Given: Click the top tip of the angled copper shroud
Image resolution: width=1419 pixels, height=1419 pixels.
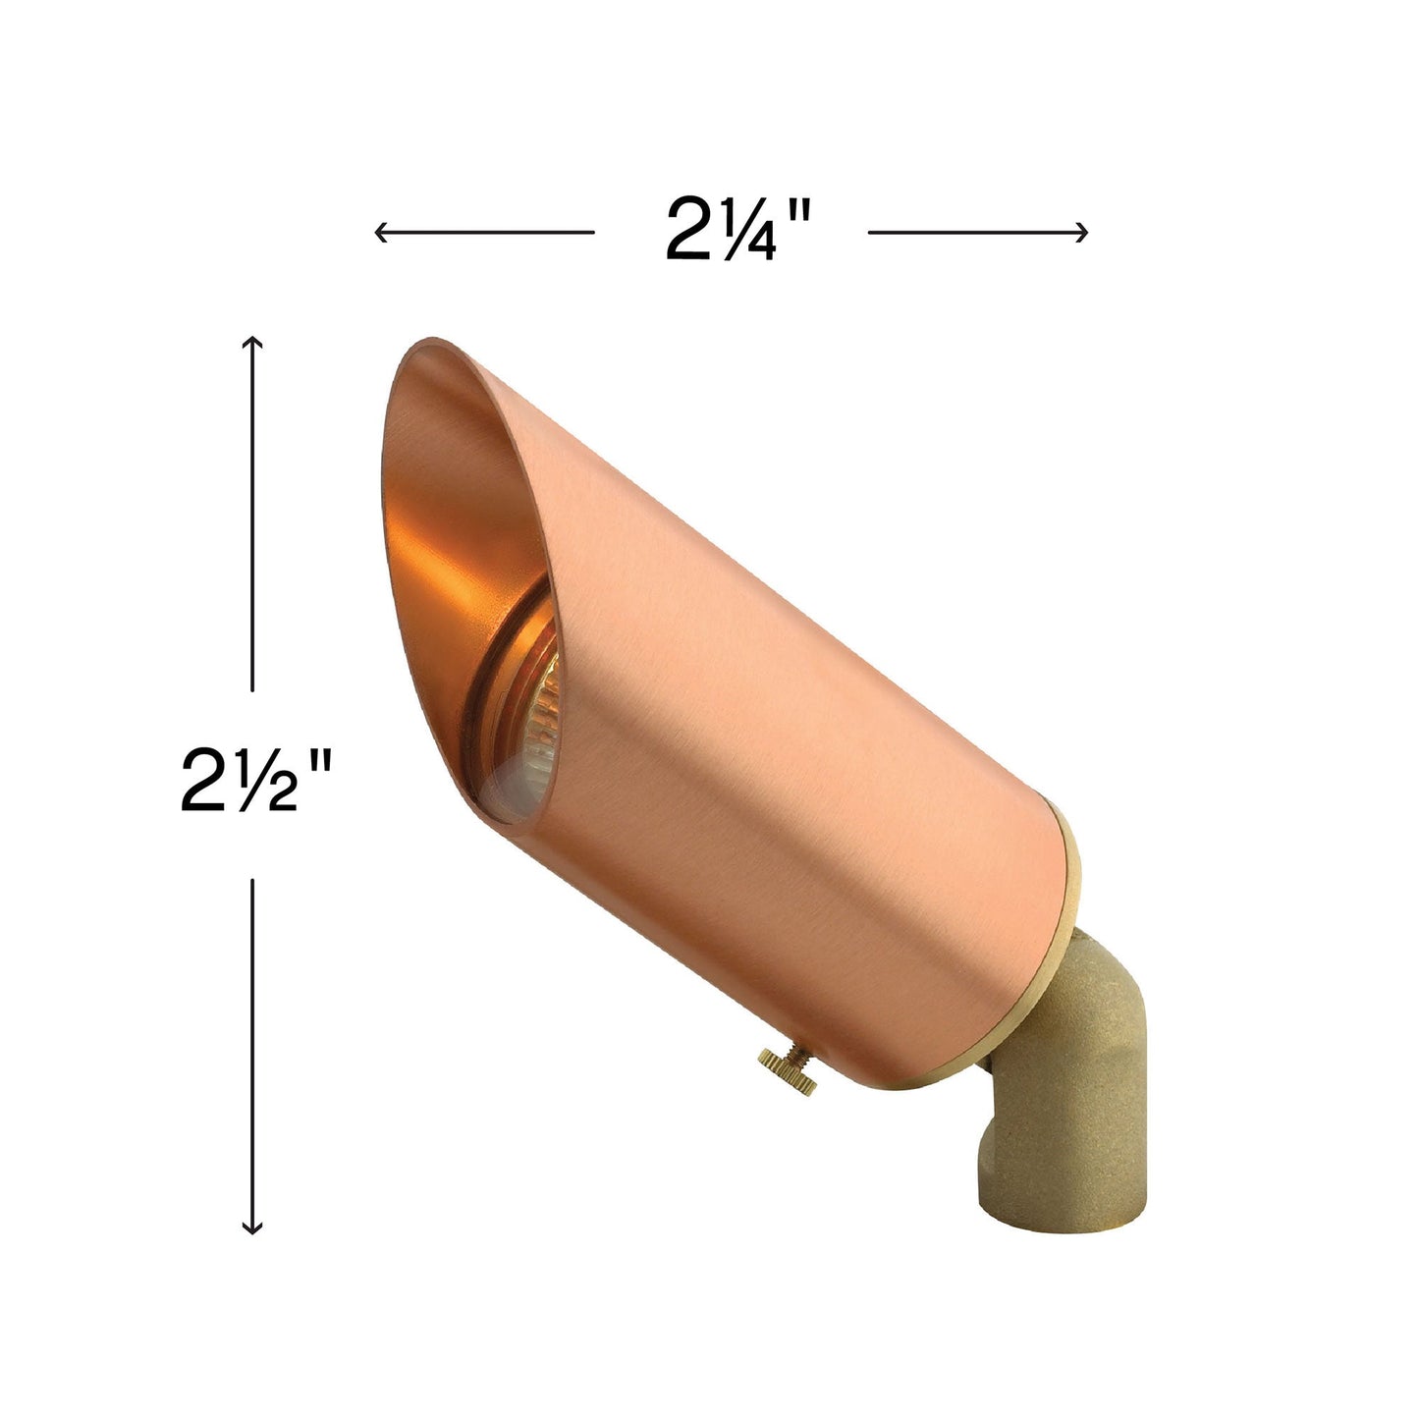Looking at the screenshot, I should point(432,344).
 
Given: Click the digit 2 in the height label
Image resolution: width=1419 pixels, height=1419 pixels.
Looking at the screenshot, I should point(207,780).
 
